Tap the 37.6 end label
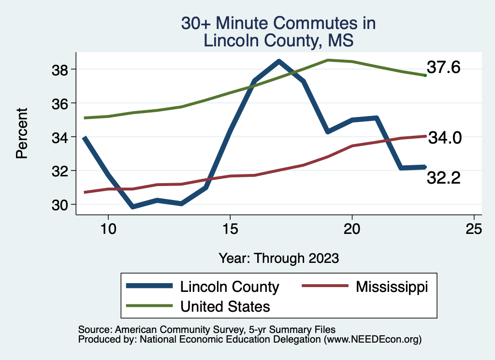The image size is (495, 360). (x=443, y=68)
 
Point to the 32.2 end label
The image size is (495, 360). (x=443, y=178)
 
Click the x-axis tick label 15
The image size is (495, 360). (x=230, y=229)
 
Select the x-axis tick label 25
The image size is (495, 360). (x=474, y=229)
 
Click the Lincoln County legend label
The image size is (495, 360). (x=230, y=287)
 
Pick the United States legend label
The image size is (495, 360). (x=225, y=306)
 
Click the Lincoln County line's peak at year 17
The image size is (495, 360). (x=279, y=61)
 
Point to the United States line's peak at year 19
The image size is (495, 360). (x=328, y=60)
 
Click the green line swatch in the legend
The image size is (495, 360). (x=149, y=306)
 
